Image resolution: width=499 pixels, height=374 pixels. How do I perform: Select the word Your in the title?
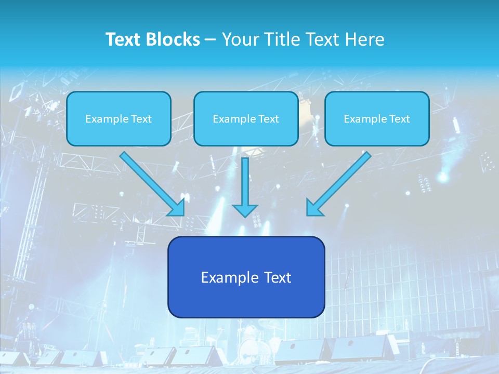[238, 39]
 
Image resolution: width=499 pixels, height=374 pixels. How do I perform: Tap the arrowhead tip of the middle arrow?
[245, 216]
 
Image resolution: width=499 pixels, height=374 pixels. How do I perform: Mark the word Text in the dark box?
[278, 277]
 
